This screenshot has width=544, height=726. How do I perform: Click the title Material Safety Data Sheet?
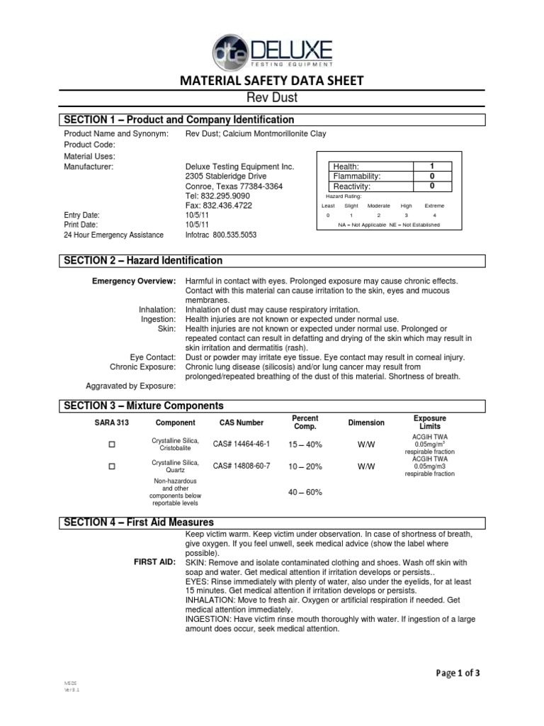[271, 82]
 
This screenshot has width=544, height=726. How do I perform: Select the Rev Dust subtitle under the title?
[272, 98]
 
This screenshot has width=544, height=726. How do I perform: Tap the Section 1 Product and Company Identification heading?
[178, 120]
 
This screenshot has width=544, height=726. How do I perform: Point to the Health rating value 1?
[431, 166]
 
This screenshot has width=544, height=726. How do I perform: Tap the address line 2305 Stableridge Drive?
[226, 176]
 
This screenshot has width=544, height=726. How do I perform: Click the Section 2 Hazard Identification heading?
[143, 261]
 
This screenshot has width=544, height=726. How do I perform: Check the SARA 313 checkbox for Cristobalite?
[110, 445]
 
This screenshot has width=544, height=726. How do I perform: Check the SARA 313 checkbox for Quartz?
[110, 467]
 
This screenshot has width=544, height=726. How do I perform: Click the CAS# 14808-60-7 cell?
[242, 467]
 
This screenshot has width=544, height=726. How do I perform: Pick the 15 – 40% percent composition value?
[305, 445]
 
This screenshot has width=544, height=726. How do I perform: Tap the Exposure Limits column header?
[429, 423]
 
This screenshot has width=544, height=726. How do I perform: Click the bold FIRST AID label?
[154, 562]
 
